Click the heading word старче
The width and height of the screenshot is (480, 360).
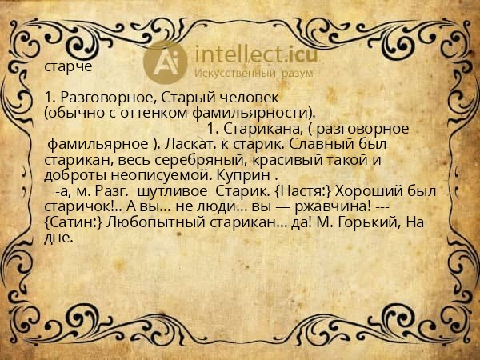tap(68, 67)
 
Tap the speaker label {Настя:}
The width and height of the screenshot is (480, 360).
tap(305, 192)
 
